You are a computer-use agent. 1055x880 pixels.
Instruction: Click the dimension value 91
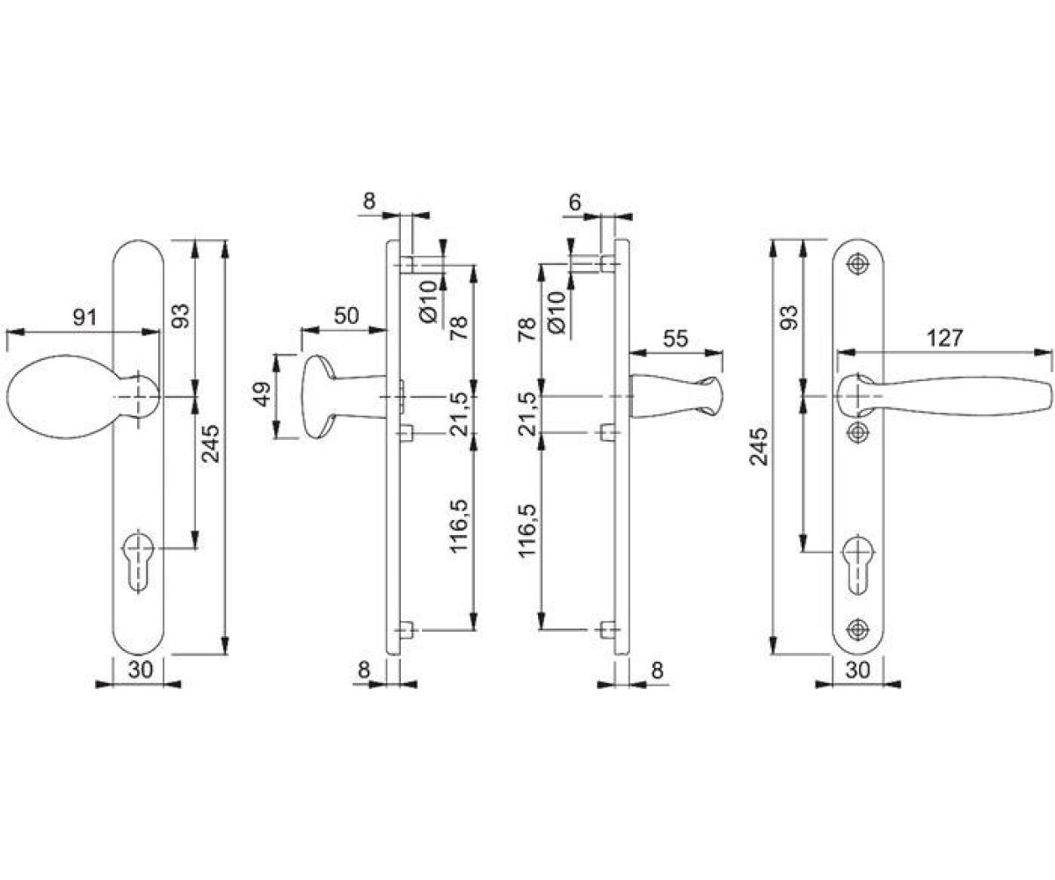pyautogui.click(x=84, y=318)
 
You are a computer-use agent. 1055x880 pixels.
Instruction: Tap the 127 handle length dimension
pyautogui.click(x=944, y=338)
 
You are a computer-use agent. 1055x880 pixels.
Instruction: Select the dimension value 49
pyautogui.click(x=263, y=394)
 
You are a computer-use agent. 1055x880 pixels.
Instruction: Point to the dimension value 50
pyautogui.click(x=346, y=316)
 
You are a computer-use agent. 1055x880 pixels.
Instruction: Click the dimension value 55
pyautogui.click(x=675, y=338)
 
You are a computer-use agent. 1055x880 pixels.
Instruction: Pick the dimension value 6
pyautogui.click(x=575, y=202)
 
